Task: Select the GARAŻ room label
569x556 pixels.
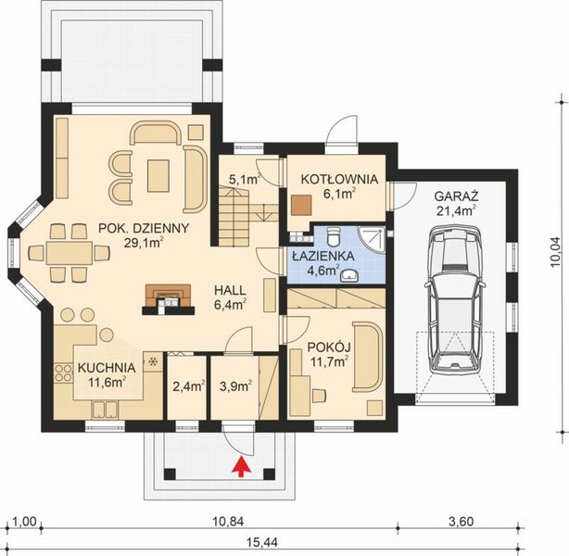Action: click(454, 196)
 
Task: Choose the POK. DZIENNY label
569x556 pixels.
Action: click(145, 228)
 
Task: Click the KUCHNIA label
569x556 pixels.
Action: click(107, 367)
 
